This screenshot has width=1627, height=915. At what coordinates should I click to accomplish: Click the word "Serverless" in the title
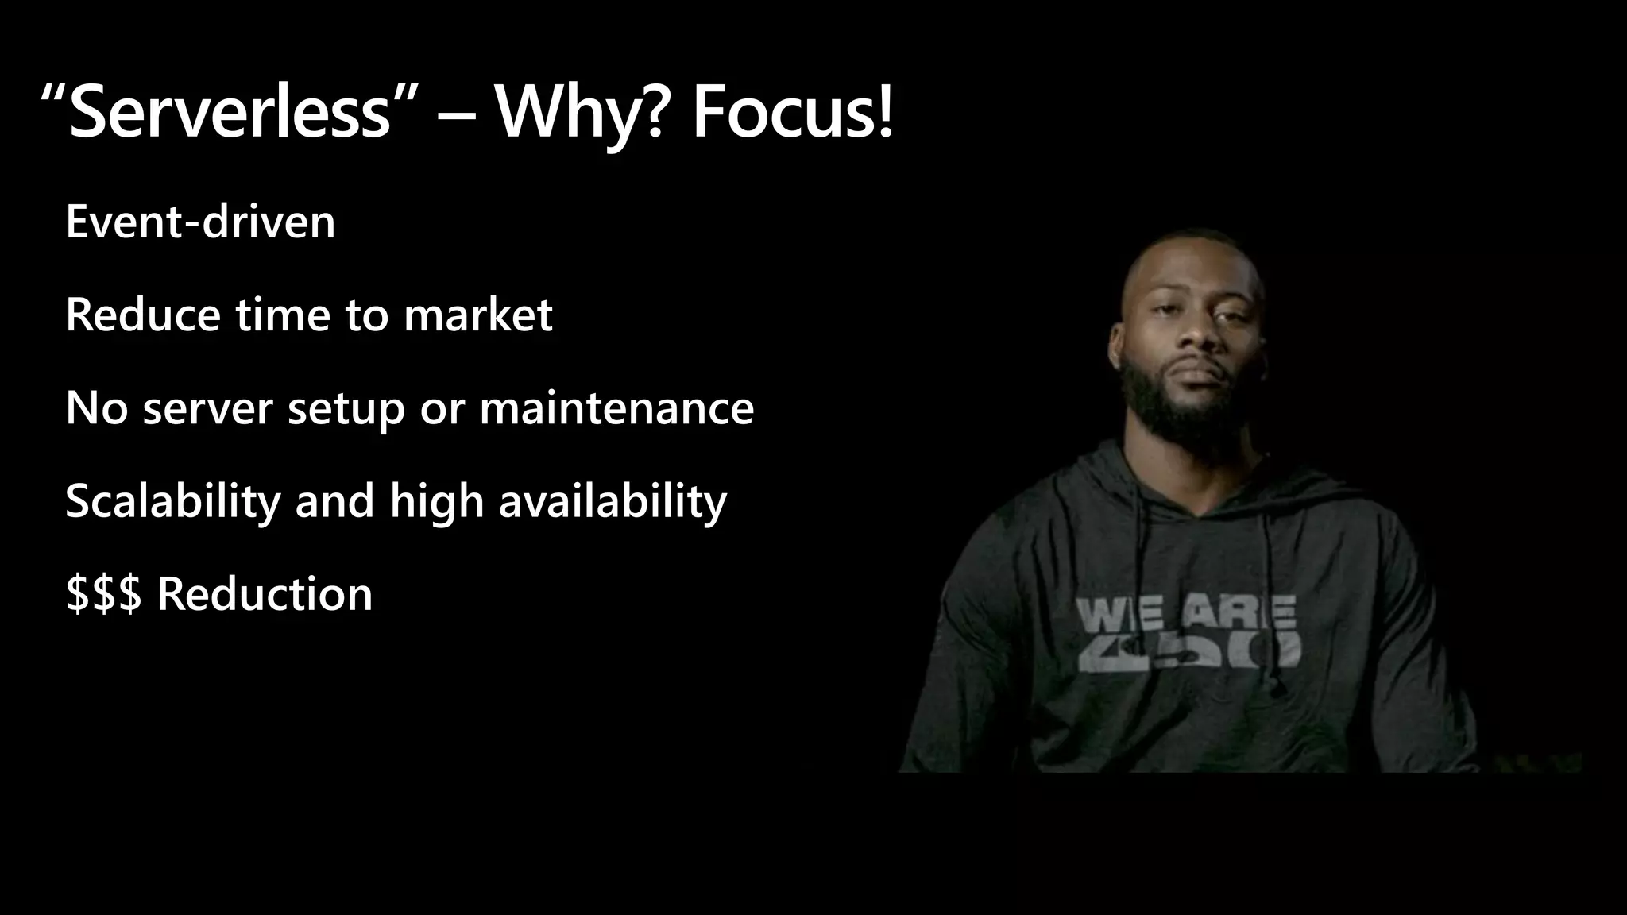(230, 113)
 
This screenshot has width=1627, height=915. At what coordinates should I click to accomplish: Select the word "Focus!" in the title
(793, 113)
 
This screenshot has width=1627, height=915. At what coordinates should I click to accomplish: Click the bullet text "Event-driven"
(200, 222)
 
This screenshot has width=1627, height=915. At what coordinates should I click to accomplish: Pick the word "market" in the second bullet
(477, 315)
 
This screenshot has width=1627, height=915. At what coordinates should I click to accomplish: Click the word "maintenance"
(616, 408)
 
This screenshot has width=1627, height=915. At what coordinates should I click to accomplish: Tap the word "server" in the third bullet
(207, 408)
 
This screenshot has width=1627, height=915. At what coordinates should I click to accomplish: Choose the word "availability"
(613, 501)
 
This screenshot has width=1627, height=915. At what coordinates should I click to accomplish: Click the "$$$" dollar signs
(103, 594)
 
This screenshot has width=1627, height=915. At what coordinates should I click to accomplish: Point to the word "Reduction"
(265, 594)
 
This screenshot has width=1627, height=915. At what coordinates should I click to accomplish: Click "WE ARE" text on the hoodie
(1186, 614)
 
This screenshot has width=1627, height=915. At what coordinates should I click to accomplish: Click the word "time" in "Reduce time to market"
(282, 315)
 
